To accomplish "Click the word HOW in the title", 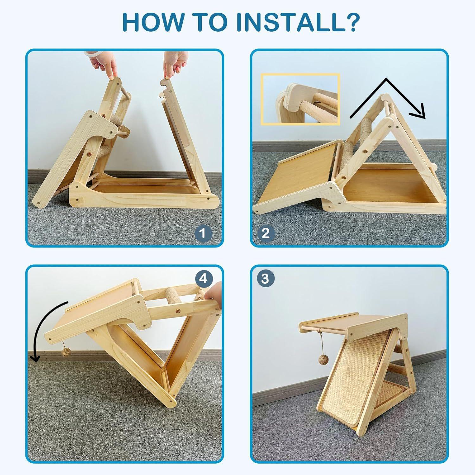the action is pyautogui.click(x=152, y=22).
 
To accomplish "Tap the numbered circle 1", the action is pyautogui.click(x=203, y=233).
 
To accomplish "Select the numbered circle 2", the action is pyautogui.click(x=265, y=233).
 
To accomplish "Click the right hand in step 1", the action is pyautogui.click(x=175, y=65).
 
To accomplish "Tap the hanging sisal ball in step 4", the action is pyautogui.click(x=66, y=353).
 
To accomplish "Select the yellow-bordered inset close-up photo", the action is pyautogui.click(x=300, y=99).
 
